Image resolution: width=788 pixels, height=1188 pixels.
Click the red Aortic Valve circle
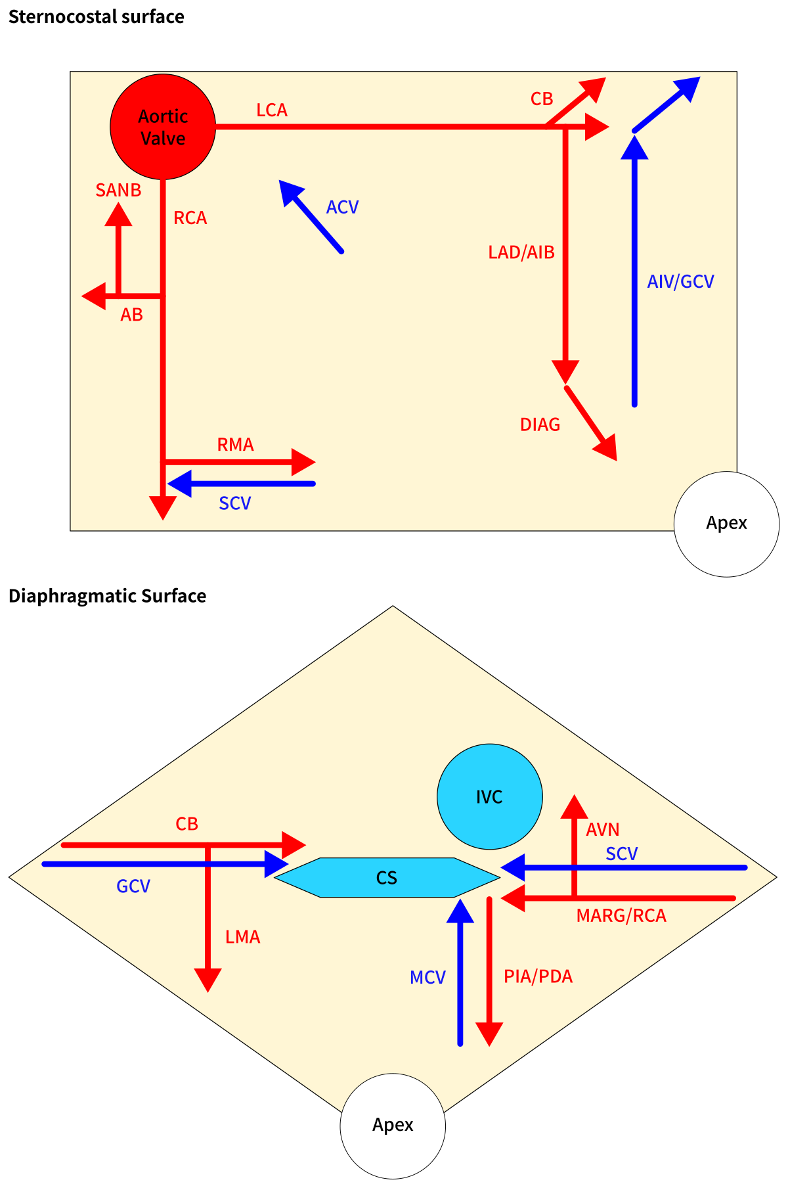163,127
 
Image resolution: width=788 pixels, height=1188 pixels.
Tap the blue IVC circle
489,796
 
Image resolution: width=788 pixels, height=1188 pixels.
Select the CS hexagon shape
387,877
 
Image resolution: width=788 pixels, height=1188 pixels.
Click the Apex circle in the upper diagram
726,524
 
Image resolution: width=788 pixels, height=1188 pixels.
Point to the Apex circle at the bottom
393,1126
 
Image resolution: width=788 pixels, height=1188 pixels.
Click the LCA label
272,110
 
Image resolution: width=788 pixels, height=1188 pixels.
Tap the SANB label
118,191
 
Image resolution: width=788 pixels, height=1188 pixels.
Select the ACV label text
342,208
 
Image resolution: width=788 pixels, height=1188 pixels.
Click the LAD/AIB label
521,252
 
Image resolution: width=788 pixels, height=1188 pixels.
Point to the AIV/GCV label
680,282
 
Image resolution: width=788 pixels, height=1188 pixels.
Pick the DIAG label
540,425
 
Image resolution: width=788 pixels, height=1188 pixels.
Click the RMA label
235,445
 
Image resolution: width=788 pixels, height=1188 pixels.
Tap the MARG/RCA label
621,916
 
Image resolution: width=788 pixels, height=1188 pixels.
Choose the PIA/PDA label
538,976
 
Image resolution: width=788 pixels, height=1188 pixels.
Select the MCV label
427,978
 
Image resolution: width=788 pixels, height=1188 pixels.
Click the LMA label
242,937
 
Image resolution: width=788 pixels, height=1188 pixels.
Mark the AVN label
602,830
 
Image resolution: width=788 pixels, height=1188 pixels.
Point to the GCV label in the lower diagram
133,886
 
